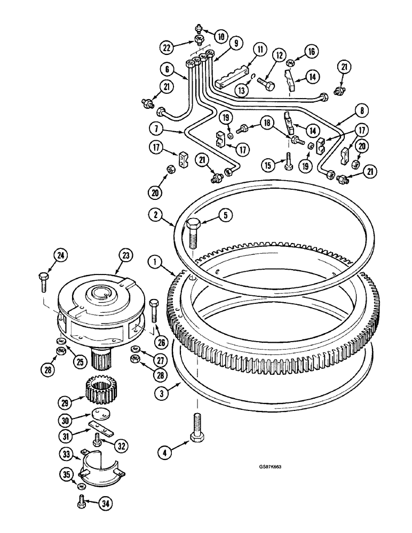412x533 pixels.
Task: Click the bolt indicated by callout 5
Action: (x=193, y=233)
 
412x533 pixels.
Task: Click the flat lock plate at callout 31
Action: (x=100, y=426)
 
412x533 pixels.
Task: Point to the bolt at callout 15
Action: (x=288, y=161)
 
